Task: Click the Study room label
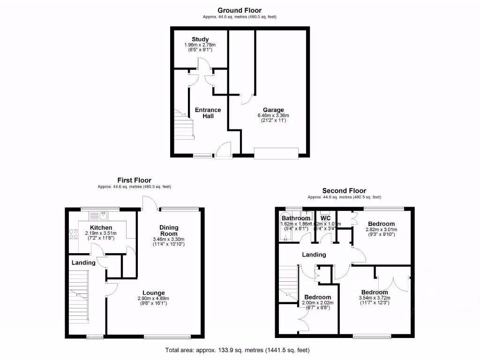point(200,39)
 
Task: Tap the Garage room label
point(273,110)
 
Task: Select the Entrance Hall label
point(208,113)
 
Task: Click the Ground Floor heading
point(240,10)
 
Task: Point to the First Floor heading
point(134,180)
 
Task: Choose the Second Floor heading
point(344,191)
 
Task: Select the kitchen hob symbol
point(74,233)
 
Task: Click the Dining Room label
point(169,231)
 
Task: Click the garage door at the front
point(276,153)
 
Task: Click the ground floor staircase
point(184,123)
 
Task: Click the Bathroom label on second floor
point(296,218)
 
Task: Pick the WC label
point(325,218)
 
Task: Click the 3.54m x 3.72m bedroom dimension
point(374,298)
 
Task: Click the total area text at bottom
point(237,350)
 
